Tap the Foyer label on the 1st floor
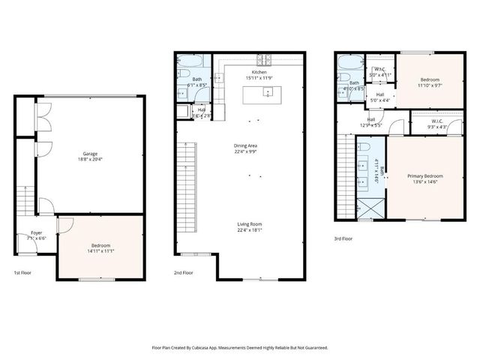[36, 233]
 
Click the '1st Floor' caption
[23, 273]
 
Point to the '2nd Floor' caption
[184, 273]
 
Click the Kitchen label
[259, 71]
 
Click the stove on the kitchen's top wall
[265, 60]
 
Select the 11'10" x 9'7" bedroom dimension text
[429, 85]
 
